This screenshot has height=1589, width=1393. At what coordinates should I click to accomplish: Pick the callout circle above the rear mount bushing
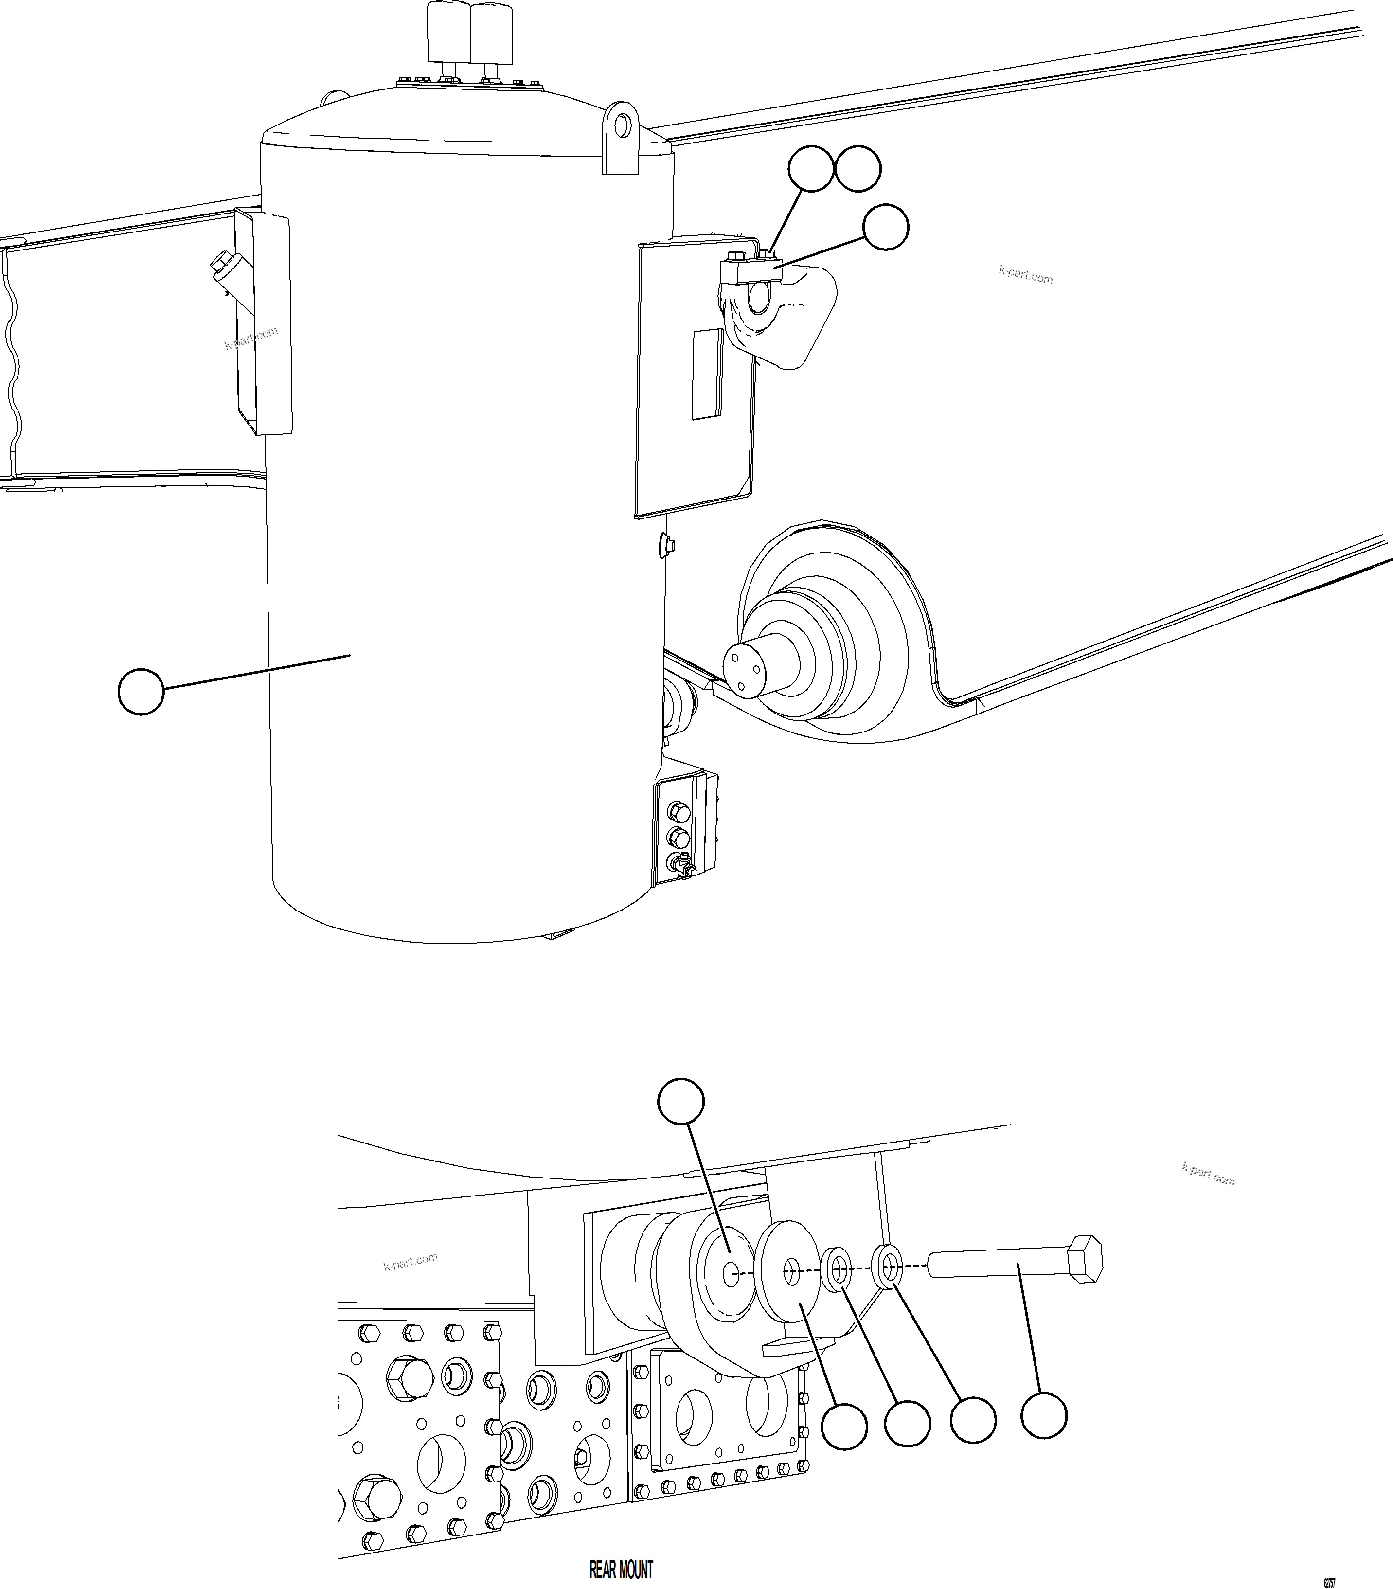681,1101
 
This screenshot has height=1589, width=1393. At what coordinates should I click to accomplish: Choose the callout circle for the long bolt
1043,1416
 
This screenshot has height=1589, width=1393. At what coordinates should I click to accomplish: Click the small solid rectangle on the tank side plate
707,374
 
